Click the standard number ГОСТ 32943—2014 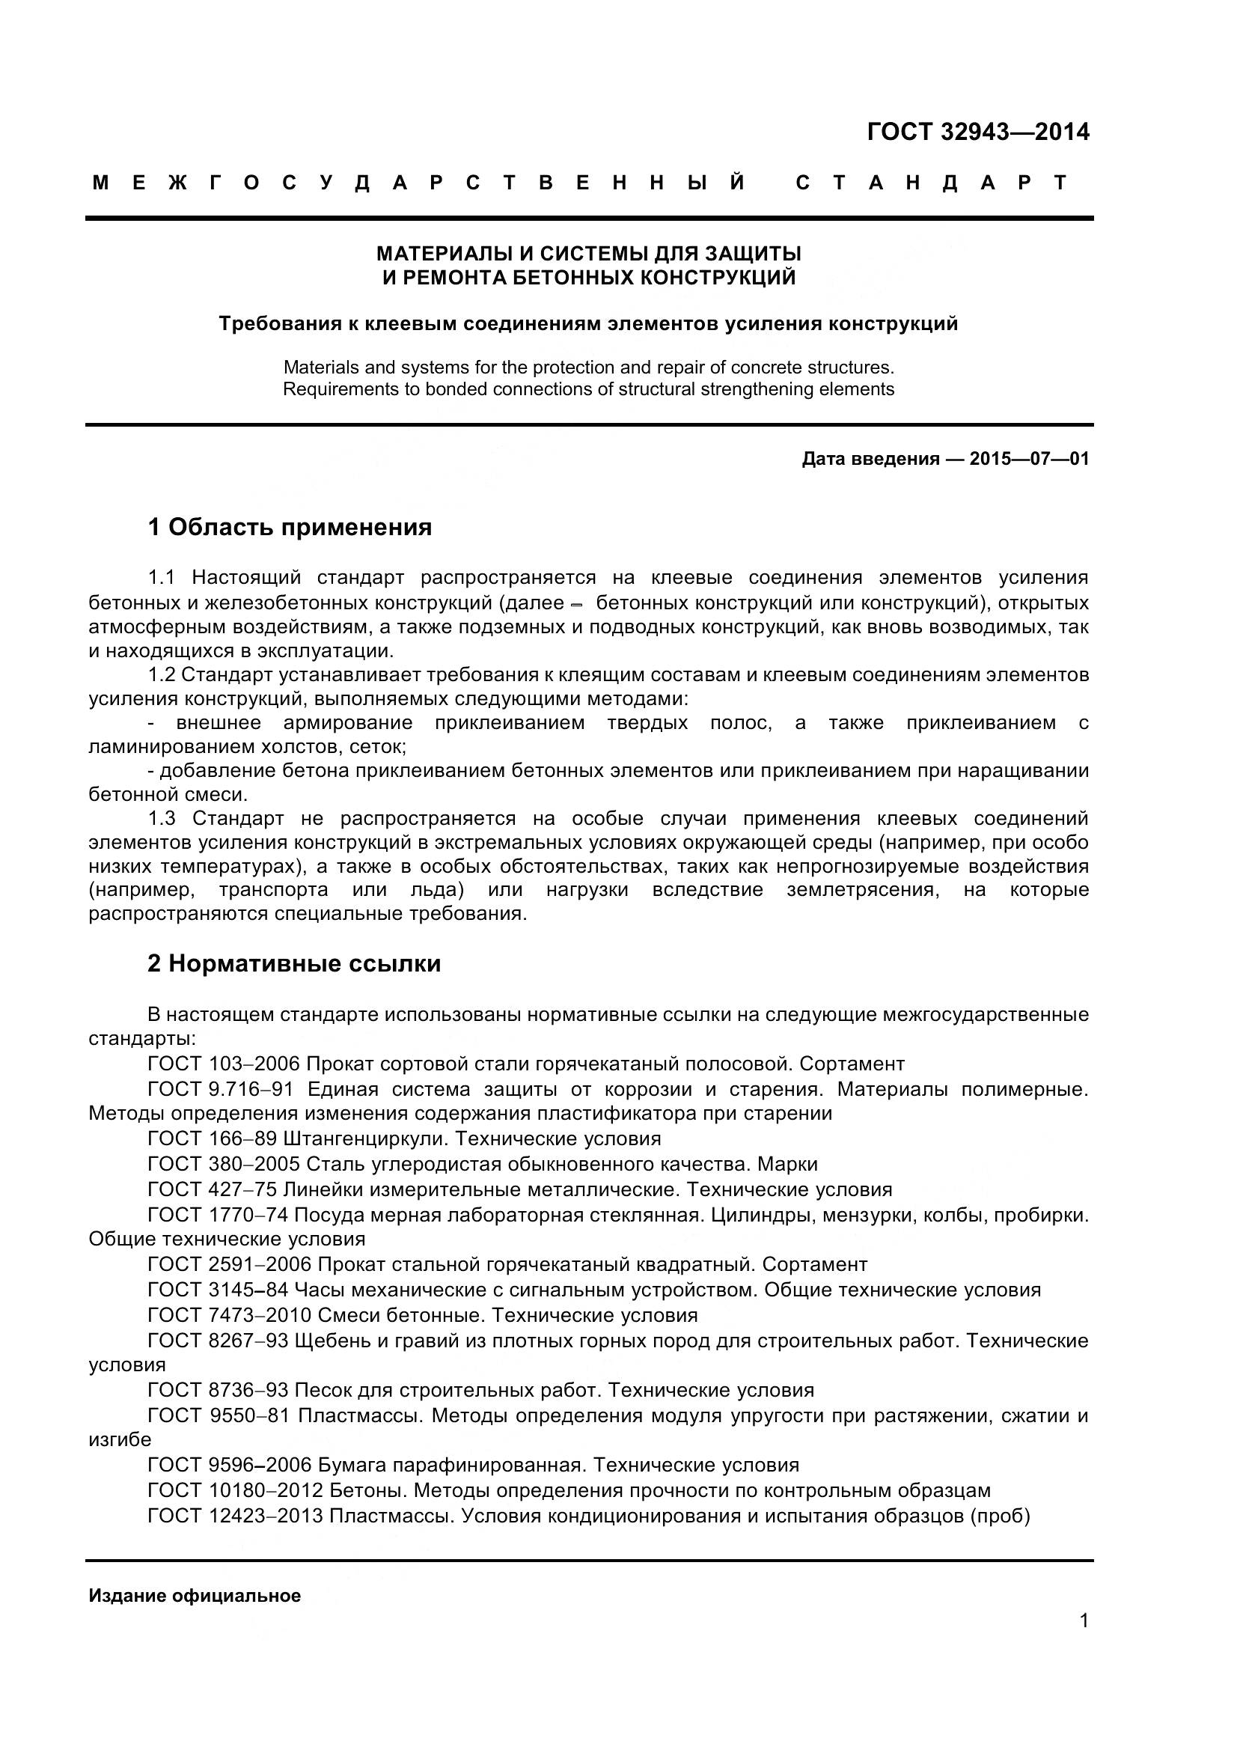pyautogui.click(x=978, y=132)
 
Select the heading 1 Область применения pyautogui.click(x=290, y=527)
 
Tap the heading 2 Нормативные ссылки pyautogui.click(x=294, y=964)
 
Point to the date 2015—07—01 pyautogui.click(x=1029, y=459)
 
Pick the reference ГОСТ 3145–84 pyautogui.click(x=218, y=1290)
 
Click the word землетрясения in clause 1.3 pyautogui.click(x=861, y=889)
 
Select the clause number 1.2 pyautogui.click(x=162, y=675)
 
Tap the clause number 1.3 pyautogui.click(x=162, y=819)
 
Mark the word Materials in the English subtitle pyautogui.click(x=321, y=368)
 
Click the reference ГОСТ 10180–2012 pyautogui.click(x=236, y=1490)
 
